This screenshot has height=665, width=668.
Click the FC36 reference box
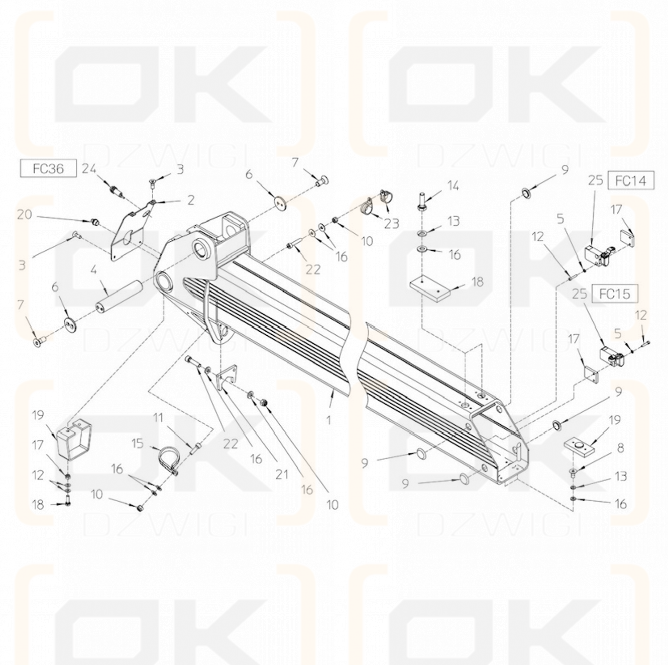click(49, 168)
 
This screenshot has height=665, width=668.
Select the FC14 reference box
click(630, 180)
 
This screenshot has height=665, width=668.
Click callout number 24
click(89, 168)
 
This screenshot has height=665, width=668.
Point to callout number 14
click(453, 186)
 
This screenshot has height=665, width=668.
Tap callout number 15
click(138, 443)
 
